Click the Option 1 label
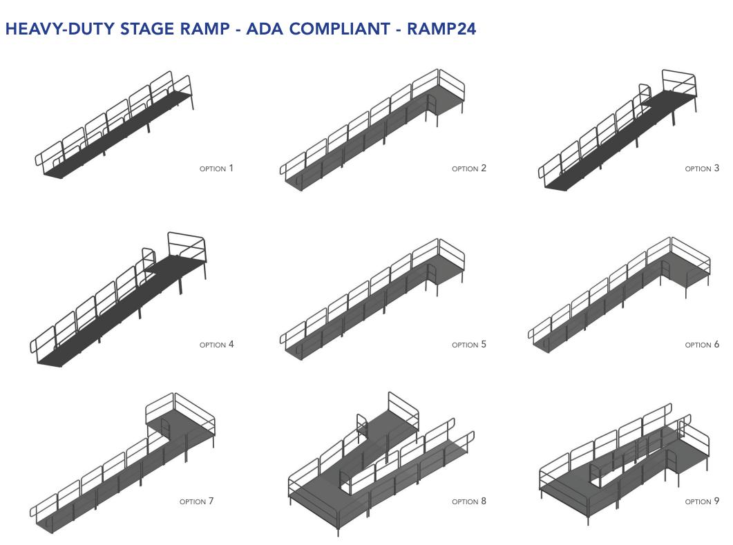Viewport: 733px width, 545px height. pos(216,168)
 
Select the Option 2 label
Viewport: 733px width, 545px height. pos(468,168)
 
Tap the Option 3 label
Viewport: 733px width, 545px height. pos(702,168)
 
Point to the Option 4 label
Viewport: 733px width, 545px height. pos(216,344)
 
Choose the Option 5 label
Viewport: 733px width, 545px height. pos(468,344)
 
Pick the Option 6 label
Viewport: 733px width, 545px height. pos(702,344)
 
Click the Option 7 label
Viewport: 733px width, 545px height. pos(196,501)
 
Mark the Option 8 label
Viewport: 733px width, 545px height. pos(468,501)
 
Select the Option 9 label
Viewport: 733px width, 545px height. pos(702,501)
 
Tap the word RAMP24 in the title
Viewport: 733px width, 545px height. pos(441,29)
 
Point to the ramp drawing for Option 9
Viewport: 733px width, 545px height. pos(622,463)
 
